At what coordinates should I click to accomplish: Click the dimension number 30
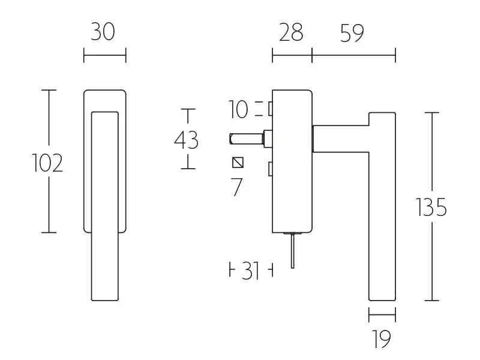click(x=103, y=32)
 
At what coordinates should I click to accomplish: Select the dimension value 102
click(x=47, y=163)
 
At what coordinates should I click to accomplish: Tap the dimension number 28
click(x=291, y=32)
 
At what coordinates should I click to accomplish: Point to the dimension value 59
click(x=352, y=33)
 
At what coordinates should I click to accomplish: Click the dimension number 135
click(x=431, y=208)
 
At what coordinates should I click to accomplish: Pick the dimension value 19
click(x=382, y=339)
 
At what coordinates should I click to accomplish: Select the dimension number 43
click(x=187, y=140)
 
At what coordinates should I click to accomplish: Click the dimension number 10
click(x=238, y=109)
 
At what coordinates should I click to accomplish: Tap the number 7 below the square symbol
click(x=237, y=187)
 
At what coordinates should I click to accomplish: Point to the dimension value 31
click(x=250, y=271)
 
